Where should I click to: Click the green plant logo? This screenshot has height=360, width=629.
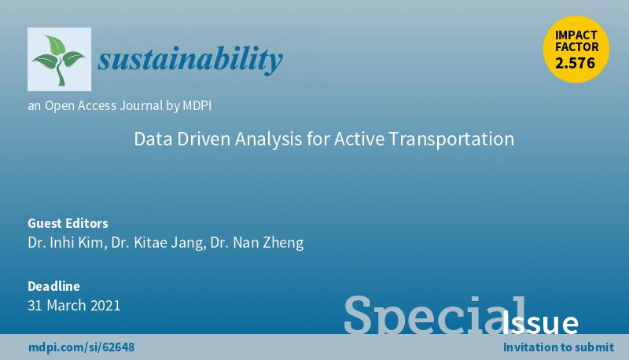(59, 60)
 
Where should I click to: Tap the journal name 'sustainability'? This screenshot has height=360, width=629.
(190, 59)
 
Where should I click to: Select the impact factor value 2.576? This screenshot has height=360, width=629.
(576, 63)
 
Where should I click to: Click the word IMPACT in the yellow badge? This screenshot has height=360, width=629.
(576, 35)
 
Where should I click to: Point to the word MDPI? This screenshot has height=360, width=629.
(197, 105)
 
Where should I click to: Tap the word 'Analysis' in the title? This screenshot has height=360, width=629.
(269, 139)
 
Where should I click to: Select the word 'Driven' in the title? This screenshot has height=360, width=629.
(204, 138)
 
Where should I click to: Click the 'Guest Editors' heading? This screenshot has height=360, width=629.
(68, 223)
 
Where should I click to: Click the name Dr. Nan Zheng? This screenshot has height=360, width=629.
(257, 243)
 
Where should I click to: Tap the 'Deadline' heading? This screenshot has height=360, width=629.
(53, 286)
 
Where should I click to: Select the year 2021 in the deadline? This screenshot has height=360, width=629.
(105, 305)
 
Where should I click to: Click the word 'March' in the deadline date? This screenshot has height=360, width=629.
(66, 305)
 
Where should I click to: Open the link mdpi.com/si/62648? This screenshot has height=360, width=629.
(82, 347)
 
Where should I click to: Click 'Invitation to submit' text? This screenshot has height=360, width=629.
(558, 347)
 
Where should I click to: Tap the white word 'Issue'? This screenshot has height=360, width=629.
(540, 322)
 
